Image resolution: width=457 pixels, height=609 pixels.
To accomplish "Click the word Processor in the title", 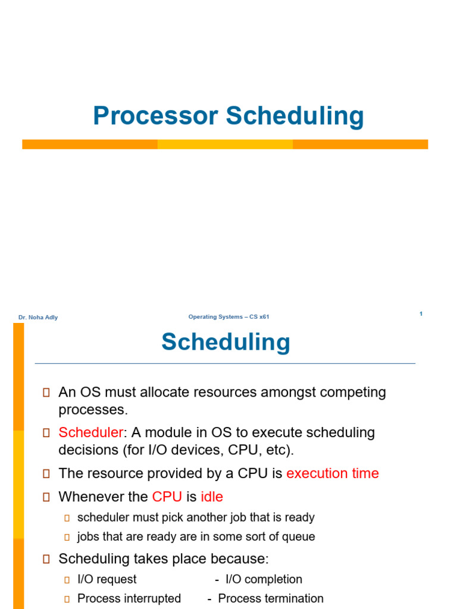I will point(155,116).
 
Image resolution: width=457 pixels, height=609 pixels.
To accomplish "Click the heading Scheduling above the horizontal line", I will point(226,342).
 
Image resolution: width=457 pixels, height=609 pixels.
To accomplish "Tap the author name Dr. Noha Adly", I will point(38,318).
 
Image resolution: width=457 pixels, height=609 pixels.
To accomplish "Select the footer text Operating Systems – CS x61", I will point(228,317).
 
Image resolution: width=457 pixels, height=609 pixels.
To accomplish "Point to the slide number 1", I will point(421,313).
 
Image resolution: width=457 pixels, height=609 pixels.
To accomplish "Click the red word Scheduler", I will point(90,432).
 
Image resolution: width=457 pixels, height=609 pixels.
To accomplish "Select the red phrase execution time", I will point(332,473).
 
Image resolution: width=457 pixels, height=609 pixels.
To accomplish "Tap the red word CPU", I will point(167,497).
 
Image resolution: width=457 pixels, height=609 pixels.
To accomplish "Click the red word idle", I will point(212,497).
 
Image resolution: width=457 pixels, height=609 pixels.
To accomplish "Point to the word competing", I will point(355,393).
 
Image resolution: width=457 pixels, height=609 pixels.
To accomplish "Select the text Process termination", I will point(271,598).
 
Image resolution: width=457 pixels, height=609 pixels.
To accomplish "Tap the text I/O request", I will point(107,579).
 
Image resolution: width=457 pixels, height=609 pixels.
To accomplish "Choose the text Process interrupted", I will point(129,598).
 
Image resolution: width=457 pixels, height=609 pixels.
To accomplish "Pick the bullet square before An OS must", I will point(46,393).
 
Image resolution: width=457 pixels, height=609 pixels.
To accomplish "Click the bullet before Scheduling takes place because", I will point(46,559).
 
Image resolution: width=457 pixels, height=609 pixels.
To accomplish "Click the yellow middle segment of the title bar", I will point(225,145).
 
